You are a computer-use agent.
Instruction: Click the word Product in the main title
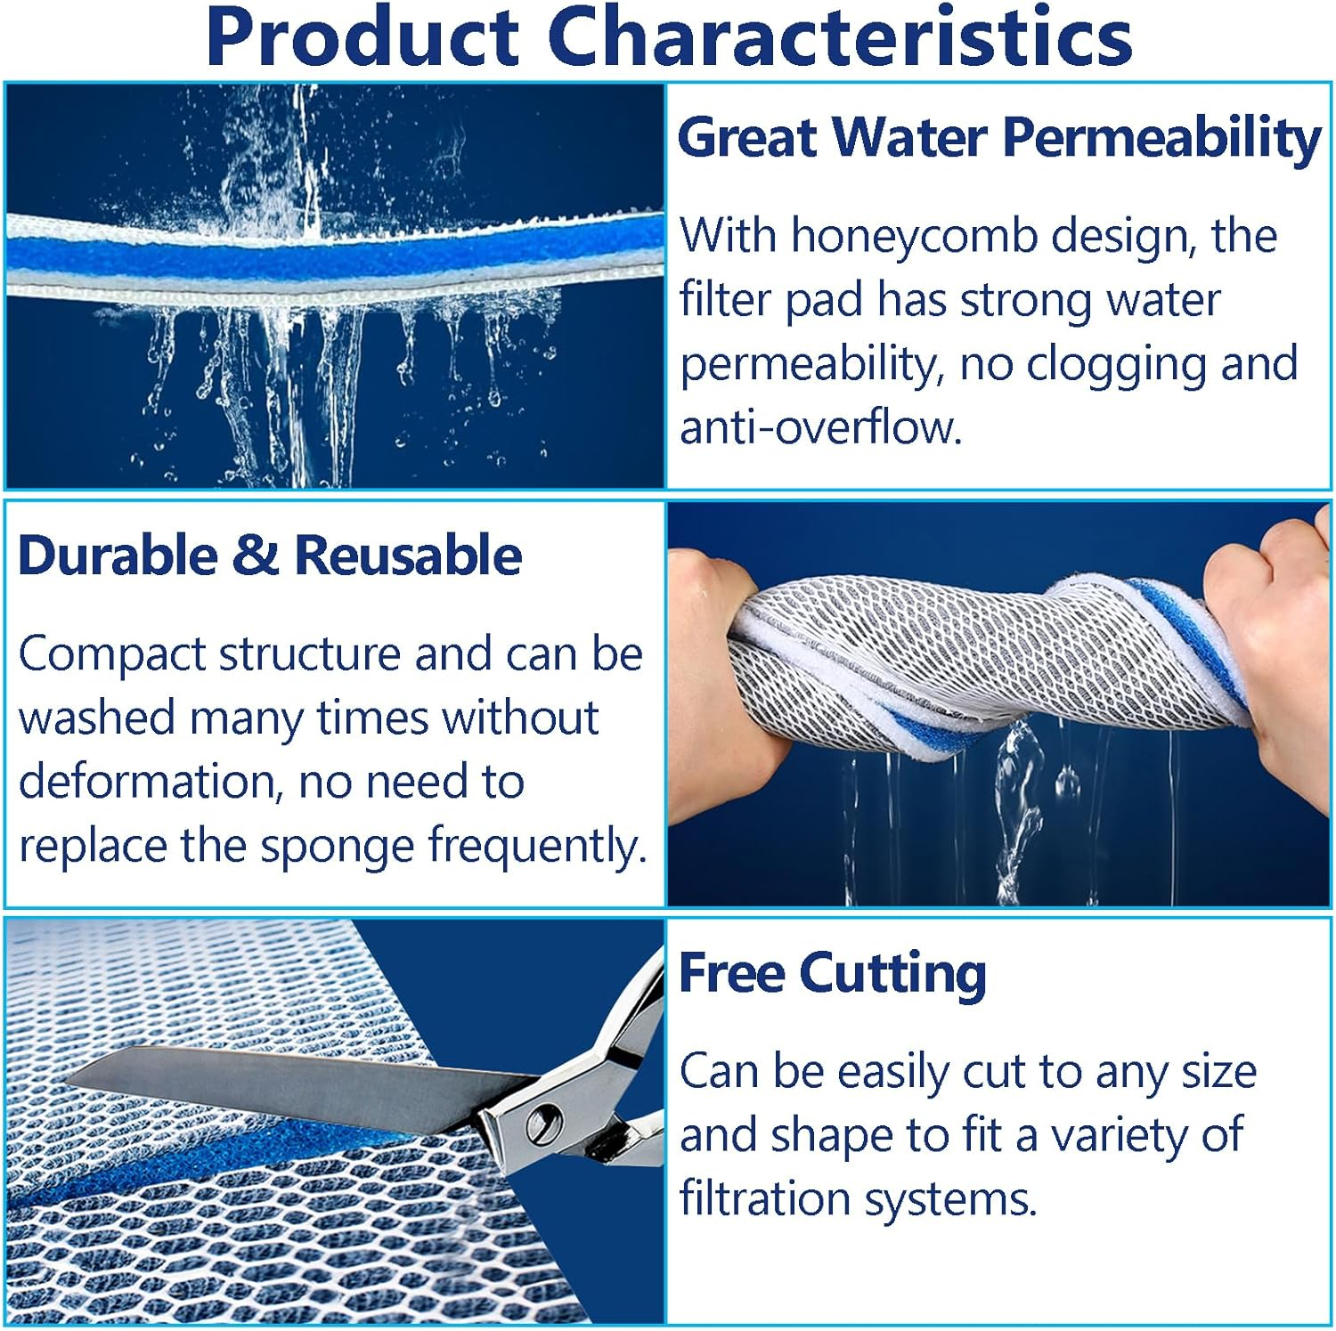(x=363, y=37)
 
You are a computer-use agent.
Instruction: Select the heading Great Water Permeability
(x=999, y=139)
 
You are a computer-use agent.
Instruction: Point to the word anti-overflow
(x=821, y=427)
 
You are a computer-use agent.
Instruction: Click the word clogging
(x=1117, y=364)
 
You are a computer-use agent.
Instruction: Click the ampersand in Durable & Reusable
(x=256, y=556)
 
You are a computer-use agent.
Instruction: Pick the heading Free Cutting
(x=833, y=973)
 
